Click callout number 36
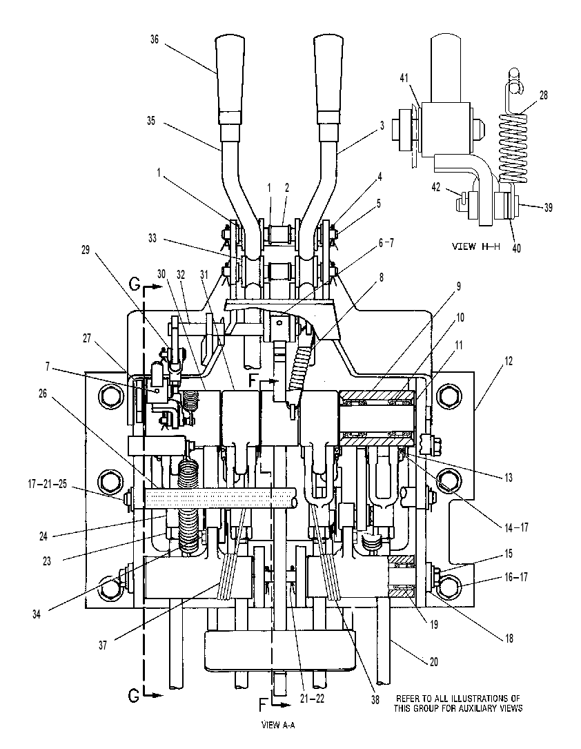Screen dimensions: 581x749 tap(155, 39)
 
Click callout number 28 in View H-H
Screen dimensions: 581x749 tap(543, 95)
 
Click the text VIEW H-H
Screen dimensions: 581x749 tap(475, 246)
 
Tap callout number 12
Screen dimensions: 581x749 tap(509, 360)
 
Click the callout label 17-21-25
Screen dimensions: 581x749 tap(47, 485)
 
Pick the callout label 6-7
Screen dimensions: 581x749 tap(386, 243)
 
